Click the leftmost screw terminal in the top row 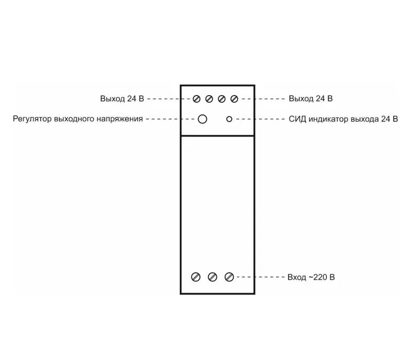197,99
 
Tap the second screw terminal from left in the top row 209,99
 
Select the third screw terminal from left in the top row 222,99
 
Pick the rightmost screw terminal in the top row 234,99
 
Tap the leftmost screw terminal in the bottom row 196,277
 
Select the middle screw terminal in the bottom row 213,277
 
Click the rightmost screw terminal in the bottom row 229,277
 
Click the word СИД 297,119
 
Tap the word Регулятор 32,119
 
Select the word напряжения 120,119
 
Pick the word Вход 296,277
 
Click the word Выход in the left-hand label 113,99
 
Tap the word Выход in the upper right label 301,99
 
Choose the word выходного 74,119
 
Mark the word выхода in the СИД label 365,119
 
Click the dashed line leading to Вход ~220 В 260,277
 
